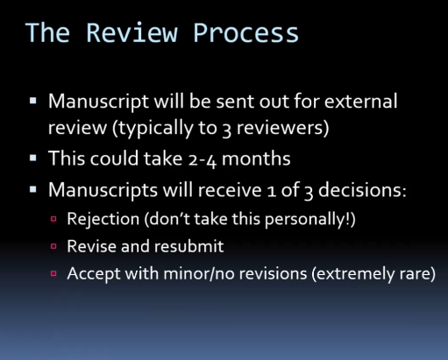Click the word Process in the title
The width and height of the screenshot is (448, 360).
(x=245, y=32)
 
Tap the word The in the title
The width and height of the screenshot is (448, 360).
(x=47, y=32)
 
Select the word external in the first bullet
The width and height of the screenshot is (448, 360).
(x=360, y=101)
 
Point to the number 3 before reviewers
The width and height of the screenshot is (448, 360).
(x=226, y=129)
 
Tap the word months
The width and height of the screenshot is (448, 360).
(x=256, y=159)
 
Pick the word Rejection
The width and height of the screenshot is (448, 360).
(x=103, y=219)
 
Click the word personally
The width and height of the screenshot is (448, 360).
(x=305, y=219)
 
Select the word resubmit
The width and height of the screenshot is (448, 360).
(x=188, y=246)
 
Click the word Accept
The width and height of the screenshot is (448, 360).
(x=94, y=274)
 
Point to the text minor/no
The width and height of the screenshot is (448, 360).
(x=199, y=274)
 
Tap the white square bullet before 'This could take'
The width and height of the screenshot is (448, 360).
(x=33, y=159)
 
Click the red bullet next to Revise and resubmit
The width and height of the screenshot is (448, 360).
(x=53, y=246)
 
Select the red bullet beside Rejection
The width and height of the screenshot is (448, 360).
(x=53, y=219)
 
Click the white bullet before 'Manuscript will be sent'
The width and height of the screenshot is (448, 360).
(x=33, y=101)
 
